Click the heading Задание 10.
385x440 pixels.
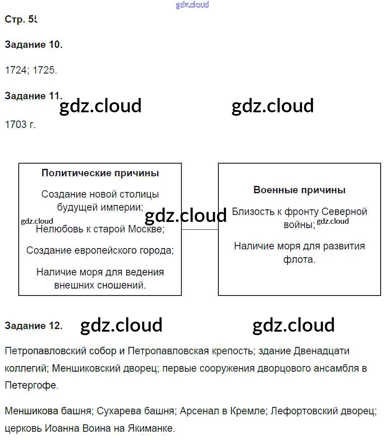(x=33, y=45)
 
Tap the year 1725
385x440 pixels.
(x=45, y=70)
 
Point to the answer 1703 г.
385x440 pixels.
(x=20, y=124)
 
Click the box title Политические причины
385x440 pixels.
(x=100, y=173)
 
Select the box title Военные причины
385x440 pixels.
(x=299, y=190)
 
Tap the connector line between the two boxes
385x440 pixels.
(x=200, y=229)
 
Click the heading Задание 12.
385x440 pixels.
(x=33, y=326)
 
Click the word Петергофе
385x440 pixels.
(x=31, y=385)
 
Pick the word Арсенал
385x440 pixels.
(x=198, y=411)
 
